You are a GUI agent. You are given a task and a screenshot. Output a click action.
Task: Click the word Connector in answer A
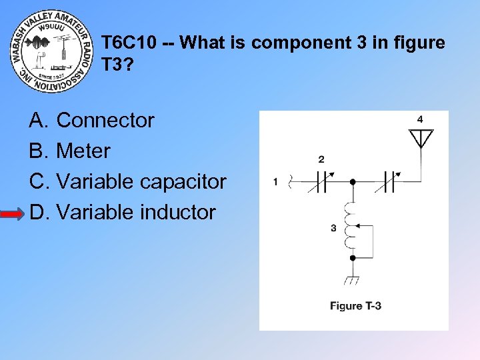point(105,121)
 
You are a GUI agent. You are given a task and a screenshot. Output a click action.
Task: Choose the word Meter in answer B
point(83,151)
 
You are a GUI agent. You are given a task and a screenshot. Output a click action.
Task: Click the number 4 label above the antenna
point(420,119)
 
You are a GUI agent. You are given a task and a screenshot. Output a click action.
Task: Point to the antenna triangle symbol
point(420,138)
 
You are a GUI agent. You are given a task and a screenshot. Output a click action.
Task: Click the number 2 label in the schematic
point(321,159)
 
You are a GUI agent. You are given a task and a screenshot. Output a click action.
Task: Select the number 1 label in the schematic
point(275,181)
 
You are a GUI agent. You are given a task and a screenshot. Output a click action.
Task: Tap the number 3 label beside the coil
point(333,228)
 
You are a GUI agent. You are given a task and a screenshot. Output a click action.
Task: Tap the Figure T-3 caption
point(355,306)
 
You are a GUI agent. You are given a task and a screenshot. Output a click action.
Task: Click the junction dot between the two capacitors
point(353,181)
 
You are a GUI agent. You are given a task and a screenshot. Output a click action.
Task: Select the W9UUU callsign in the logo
point(50,28)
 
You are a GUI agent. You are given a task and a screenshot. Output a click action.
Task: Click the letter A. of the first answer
point(38,121)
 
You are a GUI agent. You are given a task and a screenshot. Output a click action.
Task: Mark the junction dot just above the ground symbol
point(353,257)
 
